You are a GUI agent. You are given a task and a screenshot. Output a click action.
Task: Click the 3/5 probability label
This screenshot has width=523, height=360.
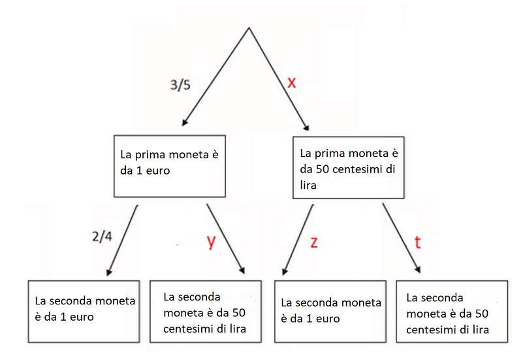(x=180, y=85)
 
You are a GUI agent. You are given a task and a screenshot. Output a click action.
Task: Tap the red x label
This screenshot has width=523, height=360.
(x=291, y=82)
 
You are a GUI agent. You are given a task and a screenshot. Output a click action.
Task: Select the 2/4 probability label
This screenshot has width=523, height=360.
(x=102, y=237)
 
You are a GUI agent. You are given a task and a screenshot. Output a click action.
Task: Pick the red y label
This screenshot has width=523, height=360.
(x=211, y=242)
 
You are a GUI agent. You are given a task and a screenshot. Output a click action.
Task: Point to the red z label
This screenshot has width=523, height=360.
(x=314, y=242)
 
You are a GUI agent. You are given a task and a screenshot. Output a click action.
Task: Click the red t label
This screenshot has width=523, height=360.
(x=417, y=242)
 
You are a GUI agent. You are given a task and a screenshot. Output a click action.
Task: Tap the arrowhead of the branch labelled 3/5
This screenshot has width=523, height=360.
(x=184, y=123)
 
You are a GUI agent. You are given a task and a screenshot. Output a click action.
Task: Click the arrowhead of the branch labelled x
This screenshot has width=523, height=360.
(x=306, y=127)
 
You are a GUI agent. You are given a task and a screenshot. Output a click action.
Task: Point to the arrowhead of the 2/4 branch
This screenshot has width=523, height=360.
(x=109, y=272)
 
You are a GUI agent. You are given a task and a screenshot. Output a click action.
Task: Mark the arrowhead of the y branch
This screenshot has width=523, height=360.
(x=242, y=270)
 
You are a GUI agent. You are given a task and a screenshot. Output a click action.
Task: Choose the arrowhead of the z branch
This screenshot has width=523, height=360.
(x=285, y=272)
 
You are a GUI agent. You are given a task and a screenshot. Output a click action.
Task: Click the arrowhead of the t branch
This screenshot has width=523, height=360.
(x=418, y=270)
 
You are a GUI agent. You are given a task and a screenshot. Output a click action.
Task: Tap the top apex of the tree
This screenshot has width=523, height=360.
(x=249, y=27)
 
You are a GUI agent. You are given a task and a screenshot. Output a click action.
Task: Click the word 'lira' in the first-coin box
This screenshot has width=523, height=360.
(x=308, y=185)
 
